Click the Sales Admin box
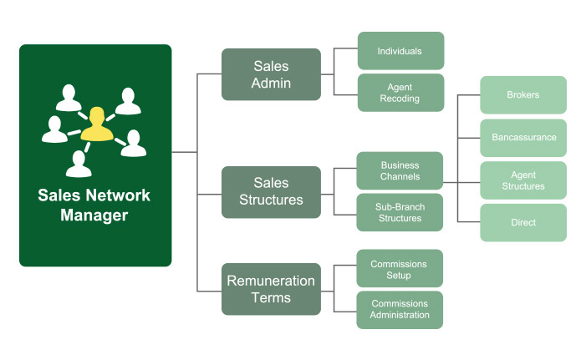271,74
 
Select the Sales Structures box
271,192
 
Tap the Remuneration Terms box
271,289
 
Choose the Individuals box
400,51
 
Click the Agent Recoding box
400,93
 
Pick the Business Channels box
400,170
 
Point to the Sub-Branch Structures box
400,212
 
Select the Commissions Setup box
400,268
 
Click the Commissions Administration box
400,310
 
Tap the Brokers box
523,95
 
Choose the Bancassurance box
523,138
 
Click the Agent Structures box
523,180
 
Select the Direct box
523,222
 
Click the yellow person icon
97,125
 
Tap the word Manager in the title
94,215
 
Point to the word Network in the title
117,195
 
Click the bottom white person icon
79,165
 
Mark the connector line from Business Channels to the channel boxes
451,183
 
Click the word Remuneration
271,281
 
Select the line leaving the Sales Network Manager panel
184,152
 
